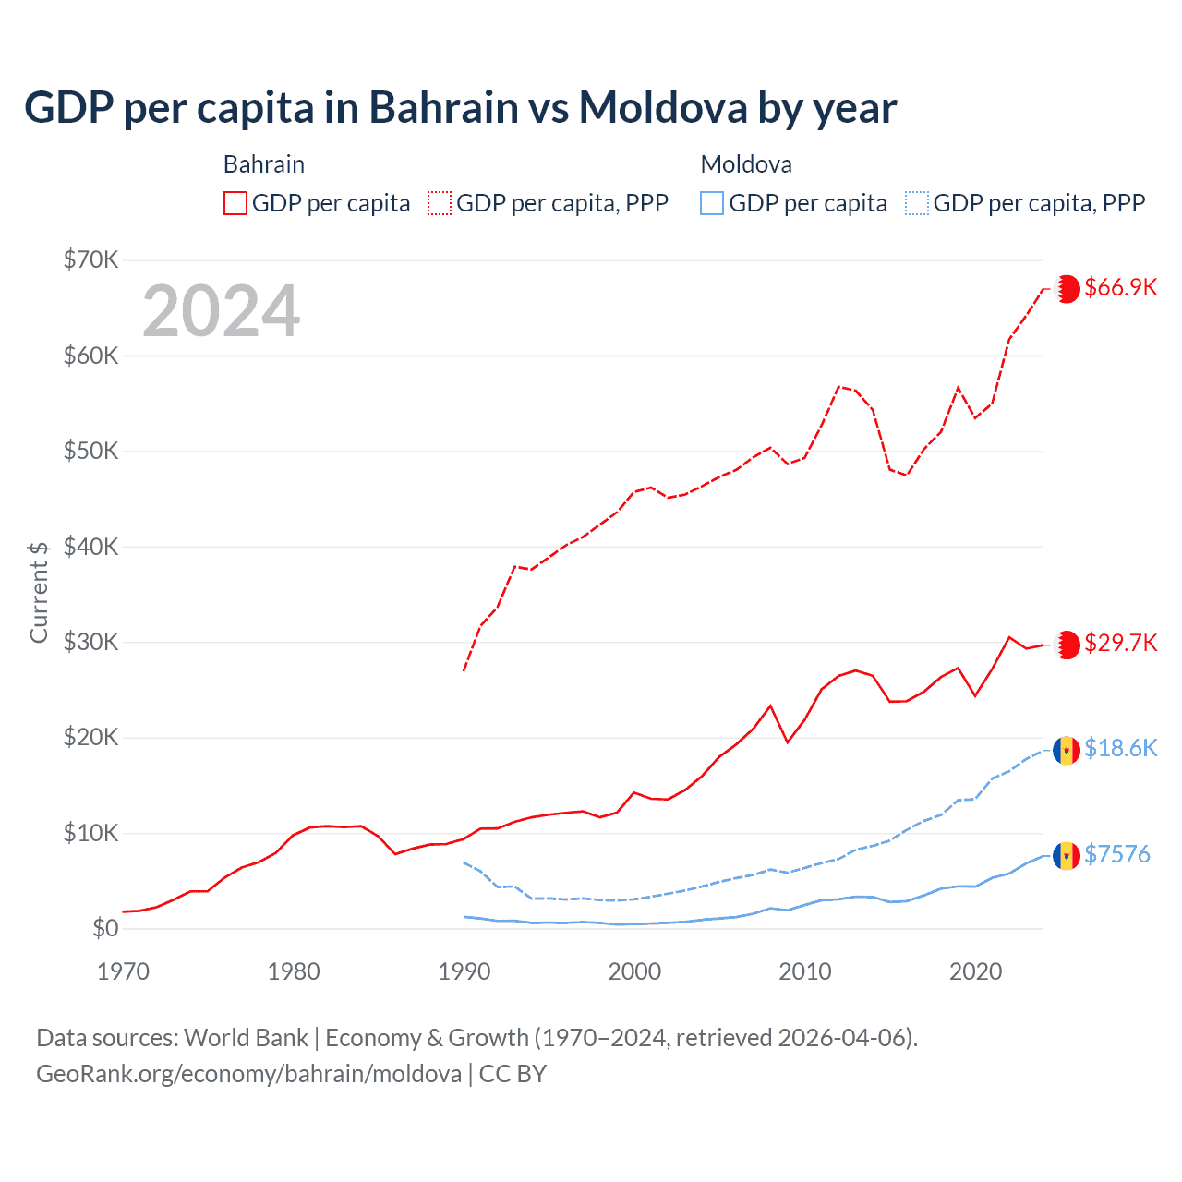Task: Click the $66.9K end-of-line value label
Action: pyautogui.click(x=1120, y=287)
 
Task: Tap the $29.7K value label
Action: pyautogui.click(x=1120, y=643)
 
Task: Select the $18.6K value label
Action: pyautogui.click(x=1120, y=748)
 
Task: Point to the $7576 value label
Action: pyautogui.click(x=1116, y=854)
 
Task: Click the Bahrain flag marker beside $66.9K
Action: pyautogui.click(x=1067, y=288)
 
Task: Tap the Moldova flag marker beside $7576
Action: pyautogui.click(x=1067, y=856)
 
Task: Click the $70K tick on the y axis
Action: pyautogui.click(x=90, y=259)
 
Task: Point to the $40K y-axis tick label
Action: pyautogui.click(x=90, y=547)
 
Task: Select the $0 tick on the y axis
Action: pyautogui.click(x=105, y=928)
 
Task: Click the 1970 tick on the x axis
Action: pyautogui.click(x=123, y=971)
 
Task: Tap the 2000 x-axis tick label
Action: pyautogui.click(x=634, y=971)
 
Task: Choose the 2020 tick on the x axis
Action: pyautogui.click(x=976, y=971)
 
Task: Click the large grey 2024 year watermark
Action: pyautogui.click(x=222, y=310)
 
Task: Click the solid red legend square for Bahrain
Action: pyautogui.click(x=235, y=203)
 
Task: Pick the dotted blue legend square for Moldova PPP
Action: pyautogui.click(x=917, y=203)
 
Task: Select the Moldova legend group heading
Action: pyautogui.click(x=746, y=164)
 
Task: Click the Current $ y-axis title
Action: pyautogui.click(x=39, y=592)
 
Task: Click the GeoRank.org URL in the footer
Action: pyautogui.click(x=248, y=1074)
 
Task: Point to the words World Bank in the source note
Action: pyautogui.click(x=246, y=1038)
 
